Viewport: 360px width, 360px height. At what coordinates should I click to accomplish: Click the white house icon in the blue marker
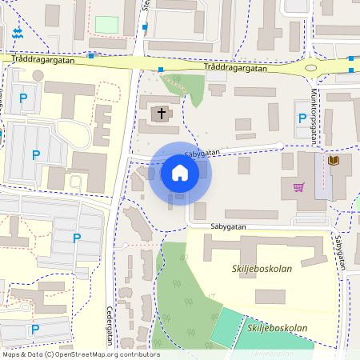point(179,172)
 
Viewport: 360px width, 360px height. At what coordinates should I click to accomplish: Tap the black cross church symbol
point(162,114)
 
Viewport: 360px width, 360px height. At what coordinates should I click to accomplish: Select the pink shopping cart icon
point(299,187)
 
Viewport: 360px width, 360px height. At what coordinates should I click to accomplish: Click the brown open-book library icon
point(334,162)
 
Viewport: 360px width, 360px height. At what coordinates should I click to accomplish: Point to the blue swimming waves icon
point(18,34)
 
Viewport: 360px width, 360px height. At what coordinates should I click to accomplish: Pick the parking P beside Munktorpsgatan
point(302,118)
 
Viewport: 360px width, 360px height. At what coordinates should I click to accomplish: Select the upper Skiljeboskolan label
point(262,269)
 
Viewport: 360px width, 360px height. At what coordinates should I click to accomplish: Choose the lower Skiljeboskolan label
point(278,328)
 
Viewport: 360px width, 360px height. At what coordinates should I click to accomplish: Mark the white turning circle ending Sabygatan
point(279,146)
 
